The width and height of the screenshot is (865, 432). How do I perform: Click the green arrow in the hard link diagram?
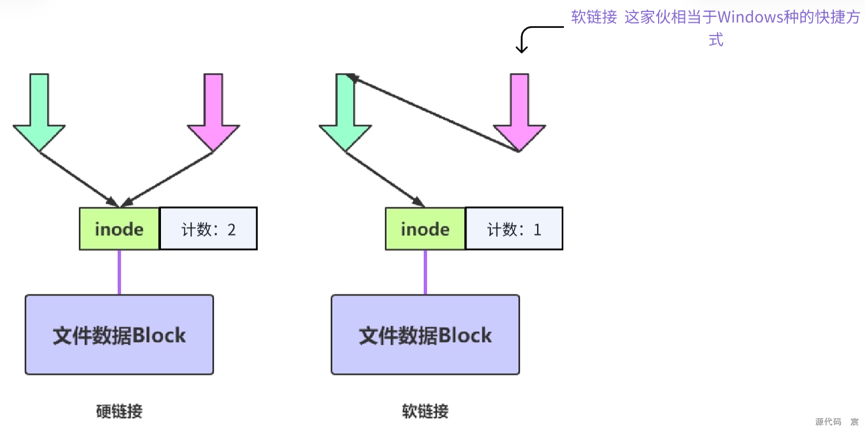point(39,115)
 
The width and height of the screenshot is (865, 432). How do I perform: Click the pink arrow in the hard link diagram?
point(213,115)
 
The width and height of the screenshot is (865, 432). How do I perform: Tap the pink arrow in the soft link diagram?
point(519,115)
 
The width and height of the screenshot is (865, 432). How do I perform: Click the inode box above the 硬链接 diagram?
point(119,229)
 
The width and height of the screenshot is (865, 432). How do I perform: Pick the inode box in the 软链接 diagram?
point(425,229)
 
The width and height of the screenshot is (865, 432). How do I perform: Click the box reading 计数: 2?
point(208,229)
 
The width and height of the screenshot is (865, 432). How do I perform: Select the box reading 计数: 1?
point(514,229)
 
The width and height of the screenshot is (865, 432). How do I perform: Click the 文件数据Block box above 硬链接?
point(119,335)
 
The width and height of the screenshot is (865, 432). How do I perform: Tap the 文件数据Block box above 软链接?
point(425,335)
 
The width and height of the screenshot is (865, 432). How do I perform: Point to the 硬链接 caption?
point(119,411)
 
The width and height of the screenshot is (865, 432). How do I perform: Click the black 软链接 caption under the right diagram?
point(425,411)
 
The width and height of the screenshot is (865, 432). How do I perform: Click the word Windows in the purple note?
point(750,18)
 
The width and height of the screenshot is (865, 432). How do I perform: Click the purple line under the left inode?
point(119,272)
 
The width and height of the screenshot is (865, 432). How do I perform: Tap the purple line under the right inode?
point(425,272)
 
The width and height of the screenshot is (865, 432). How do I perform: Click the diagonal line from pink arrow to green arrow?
point(432,112)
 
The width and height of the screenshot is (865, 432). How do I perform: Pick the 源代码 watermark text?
point(828,422)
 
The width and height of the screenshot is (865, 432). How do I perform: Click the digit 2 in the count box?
point(232,230)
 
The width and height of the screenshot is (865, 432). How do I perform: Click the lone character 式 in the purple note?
point(716,40)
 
